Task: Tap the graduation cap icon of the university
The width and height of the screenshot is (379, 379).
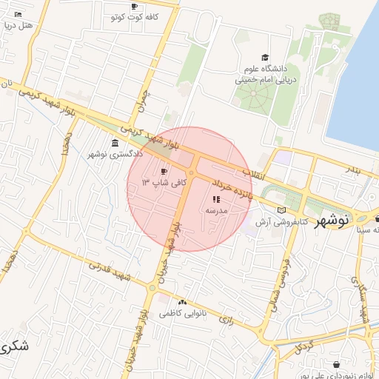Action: coord(264,58)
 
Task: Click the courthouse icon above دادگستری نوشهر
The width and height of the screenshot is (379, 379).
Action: coord(115,143)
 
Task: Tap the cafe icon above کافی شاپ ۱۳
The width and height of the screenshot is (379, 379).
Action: coord(164,172)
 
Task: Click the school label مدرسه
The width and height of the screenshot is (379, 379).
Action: coord(216,210)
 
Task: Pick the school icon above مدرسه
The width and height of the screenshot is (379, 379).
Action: coord(216,199)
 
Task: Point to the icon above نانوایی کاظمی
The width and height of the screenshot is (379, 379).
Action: coord(183,302)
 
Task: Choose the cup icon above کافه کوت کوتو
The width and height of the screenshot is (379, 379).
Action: coord(134,7)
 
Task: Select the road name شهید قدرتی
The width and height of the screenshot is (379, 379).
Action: coord(111,273)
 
